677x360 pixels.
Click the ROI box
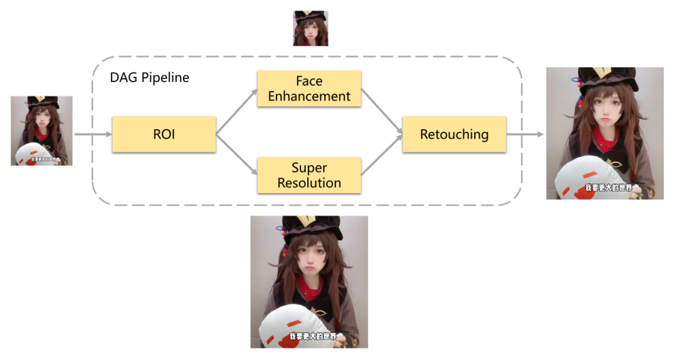164,134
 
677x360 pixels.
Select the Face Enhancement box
309,88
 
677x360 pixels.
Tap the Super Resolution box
309,176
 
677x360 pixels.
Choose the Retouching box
454,134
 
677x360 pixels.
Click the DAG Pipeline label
150,78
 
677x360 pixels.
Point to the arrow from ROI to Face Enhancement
237,112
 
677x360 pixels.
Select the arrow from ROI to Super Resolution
237,156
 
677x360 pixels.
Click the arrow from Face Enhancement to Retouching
382,112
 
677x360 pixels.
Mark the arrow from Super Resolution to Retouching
382,156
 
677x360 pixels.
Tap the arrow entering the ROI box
93,134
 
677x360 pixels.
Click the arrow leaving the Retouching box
525,134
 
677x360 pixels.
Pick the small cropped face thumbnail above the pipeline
310,28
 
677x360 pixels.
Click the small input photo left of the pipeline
41,130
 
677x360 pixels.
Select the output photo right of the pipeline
604,133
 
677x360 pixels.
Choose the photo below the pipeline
309,282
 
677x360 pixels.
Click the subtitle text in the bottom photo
312,337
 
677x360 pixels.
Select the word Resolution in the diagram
309,183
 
